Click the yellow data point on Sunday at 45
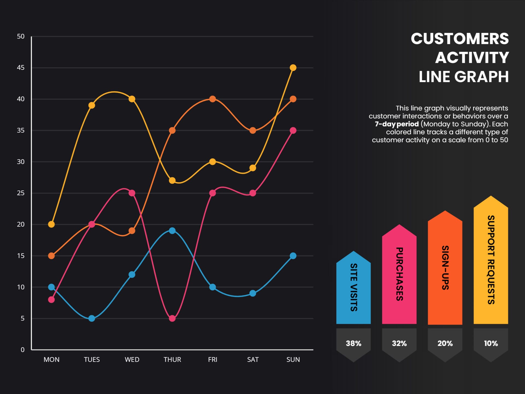click(293, 68)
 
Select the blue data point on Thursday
click(172, 231)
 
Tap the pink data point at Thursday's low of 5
click(172, 318)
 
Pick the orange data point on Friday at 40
click(212, 99)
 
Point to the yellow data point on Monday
click(51, 224)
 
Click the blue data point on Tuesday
click(92, 318)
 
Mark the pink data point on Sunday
click(293, 130)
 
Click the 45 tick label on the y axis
click(21, 68)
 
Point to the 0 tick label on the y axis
click(22, 350)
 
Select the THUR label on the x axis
click(172, 360)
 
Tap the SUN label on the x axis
click(293, 360)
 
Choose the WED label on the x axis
click(132, 360)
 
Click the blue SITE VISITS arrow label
click(354, 287)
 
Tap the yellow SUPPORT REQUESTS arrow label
click(491, 260)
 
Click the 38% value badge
click(354, 343)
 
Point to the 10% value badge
click(491, 343)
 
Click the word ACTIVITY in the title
click(472, 58)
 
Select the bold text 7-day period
click(396, 124)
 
